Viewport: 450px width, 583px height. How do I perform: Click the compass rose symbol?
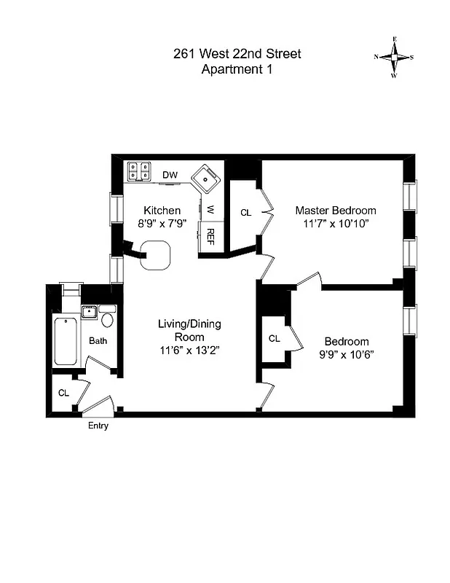394,56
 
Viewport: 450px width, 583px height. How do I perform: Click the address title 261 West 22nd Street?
237,54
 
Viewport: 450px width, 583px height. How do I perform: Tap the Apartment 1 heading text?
237,70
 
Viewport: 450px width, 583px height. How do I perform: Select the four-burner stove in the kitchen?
139,171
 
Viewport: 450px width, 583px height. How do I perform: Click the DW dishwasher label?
170,175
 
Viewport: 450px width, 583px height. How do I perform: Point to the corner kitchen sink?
207,178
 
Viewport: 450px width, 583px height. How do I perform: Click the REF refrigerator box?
210,236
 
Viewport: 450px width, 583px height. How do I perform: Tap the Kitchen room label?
162,211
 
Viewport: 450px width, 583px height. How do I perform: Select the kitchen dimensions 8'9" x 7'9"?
162,224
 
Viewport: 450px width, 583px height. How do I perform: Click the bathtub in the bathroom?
66,341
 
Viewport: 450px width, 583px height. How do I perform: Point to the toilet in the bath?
107,319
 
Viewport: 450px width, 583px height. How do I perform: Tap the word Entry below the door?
98,426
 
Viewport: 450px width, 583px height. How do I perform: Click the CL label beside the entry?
63,393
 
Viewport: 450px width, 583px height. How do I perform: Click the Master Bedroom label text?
336,211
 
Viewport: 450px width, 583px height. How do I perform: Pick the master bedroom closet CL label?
245,213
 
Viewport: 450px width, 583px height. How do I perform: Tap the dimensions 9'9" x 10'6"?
346,355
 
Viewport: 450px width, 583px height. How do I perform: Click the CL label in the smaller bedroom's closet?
274,339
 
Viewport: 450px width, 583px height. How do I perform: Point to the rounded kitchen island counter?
156,255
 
